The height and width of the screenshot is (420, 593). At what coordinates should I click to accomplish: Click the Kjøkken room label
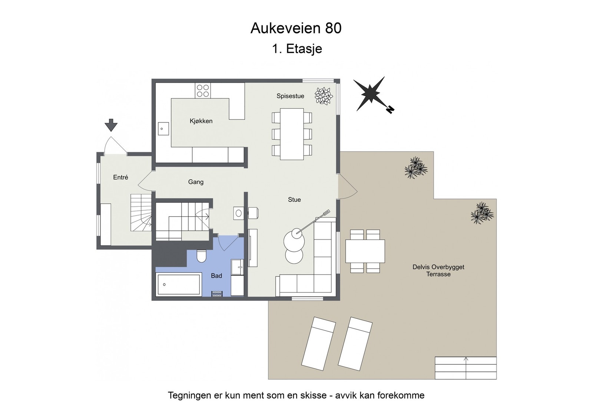tap(201, 121)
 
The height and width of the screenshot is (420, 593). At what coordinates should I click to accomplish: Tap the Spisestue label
tap(290, 96)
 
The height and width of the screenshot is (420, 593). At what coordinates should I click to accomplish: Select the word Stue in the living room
tap(294, 200)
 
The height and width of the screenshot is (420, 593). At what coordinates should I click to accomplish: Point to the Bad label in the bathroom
tap(216, 276)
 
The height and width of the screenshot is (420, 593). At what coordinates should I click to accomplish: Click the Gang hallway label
tap(196, 182)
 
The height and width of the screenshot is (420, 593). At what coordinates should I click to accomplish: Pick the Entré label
tap(120, 177)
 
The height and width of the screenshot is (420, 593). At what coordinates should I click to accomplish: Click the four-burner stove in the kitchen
tap(203, 91)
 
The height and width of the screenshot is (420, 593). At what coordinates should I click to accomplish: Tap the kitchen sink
tap(163, 129)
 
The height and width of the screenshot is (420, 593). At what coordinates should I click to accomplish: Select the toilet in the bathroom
tap(201, 256)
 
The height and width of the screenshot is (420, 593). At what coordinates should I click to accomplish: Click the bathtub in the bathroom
tap(179, 285)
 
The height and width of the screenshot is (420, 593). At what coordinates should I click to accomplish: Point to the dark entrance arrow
tap(111, 125)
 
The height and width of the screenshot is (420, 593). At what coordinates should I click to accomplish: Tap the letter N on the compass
tap(390, 109)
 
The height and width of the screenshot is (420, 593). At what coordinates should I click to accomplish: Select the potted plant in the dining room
tap(324, 96)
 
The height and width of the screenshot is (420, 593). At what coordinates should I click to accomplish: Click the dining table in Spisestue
tap(292, 134)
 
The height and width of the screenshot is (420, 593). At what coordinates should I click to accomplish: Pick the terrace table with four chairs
tap(365, 251)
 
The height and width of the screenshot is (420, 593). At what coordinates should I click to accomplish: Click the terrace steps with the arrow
tap(466, 368)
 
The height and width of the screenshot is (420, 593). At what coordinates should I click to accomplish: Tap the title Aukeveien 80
tap(296, 28)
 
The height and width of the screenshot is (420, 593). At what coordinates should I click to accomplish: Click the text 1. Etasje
tap(297, 49)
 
